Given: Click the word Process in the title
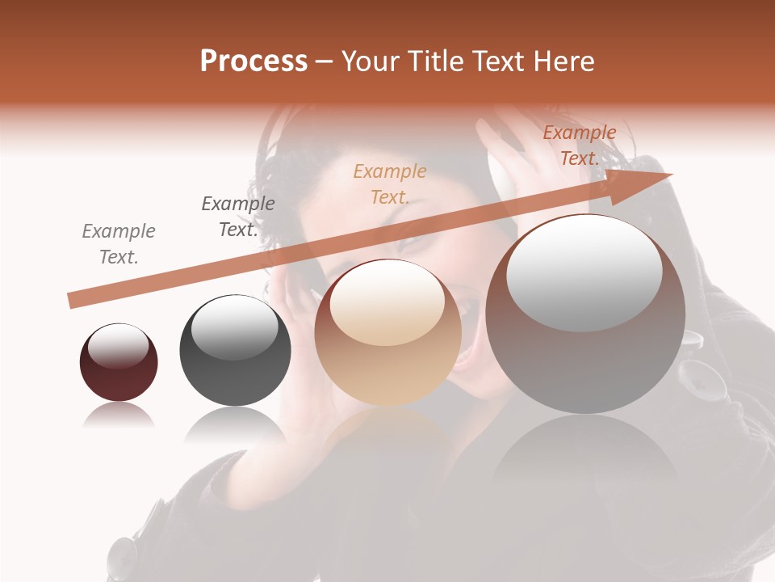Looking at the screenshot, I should [253, 61].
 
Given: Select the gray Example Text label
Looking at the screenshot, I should [119, 244].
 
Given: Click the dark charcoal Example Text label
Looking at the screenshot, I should [237, 217].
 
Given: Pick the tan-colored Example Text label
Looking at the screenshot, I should [390, 183].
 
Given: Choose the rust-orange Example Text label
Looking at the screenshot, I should [579, 145].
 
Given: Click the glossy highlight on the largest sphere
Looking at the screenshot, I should [584, 273].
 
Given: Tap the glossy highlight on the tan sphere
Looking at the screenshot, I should [387, 302].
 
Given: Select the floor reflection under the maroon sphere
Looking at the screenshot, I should [119, 415].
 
